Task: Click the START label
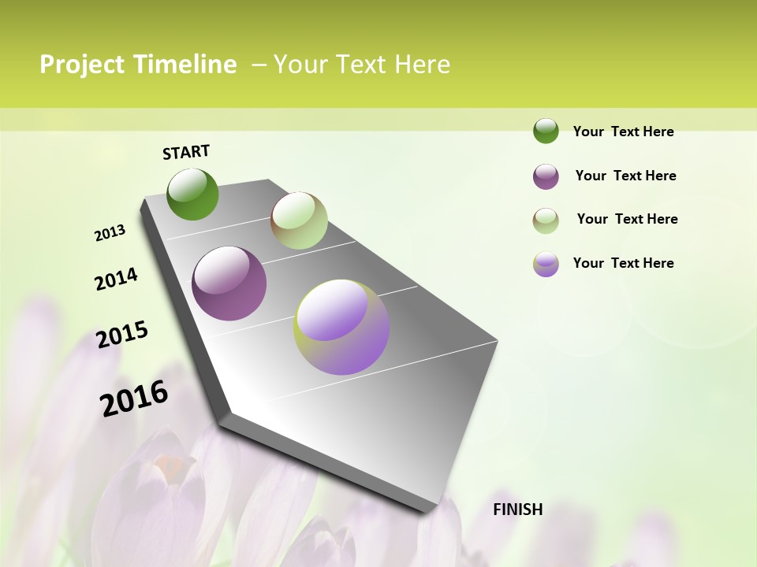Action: click(186, 152)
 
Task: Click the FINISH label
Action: click(518, 510)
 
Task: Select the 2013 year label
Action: click(110, 233)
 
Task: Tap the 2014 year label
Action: click(116, 279)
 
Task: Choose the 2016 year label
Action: click(134, 398)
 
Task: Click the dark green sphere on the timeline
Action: click(192, 194)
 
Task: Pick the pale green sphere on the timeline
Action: click(299, 220)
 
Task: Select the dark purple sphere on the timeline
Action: click(229, 283)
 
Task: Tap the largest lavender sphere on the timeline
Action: click(341, 327)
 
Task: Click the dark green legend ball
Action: click(546, 131)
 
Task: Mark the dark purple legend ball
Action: click(546, 176)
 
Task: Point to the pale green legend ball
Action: click(546, 220)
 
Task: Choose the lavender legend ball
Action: click(546, 264)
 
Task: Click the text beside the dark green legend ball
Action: click(623, 132)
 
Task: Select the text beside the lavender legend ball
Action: click(623, 263)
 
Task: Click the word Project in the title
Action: click(82, 65)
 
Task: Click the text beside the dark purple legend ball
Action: click(625, 176)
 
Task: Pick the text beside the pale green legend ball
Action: click(627, 219)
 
